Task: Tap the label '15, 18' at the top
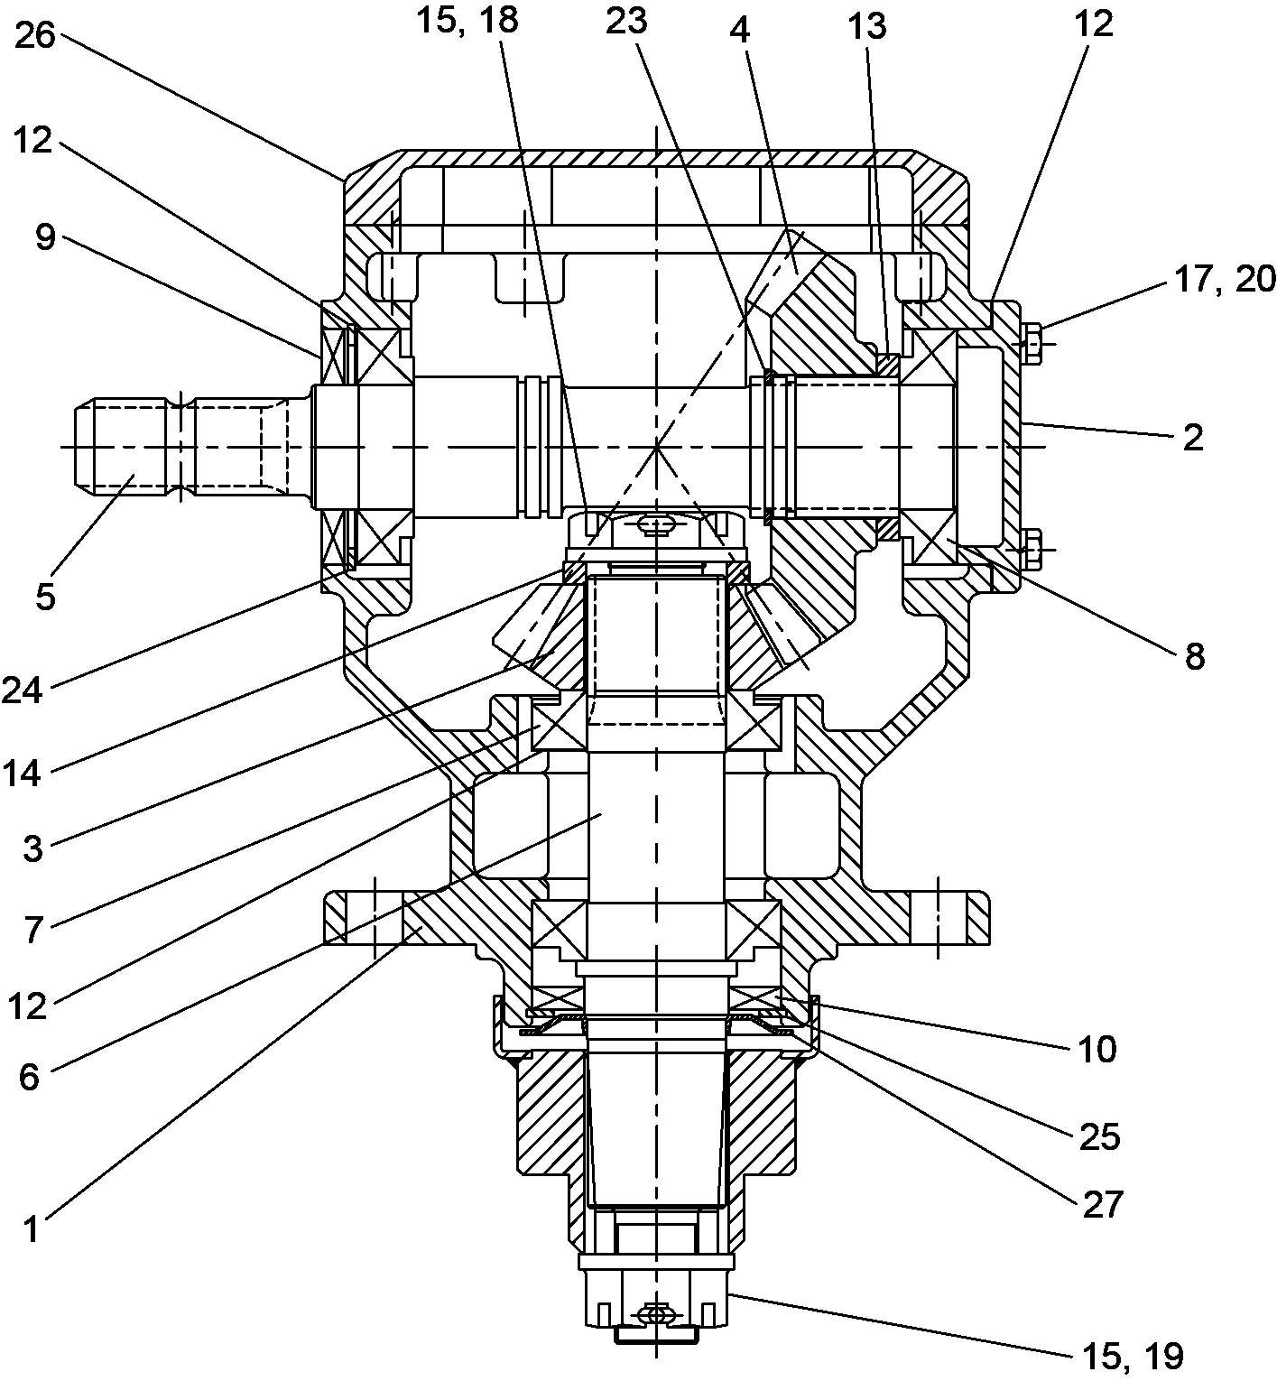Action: pyautogui.click(x=467, y=21)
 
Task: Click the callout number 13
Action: pyautogui.click(x=867, y=27)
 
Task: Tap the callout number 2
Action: pyautogui.click(x=1192, y=440)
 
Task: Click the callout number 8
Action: pyautogui.click(x=1194, y=657)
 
